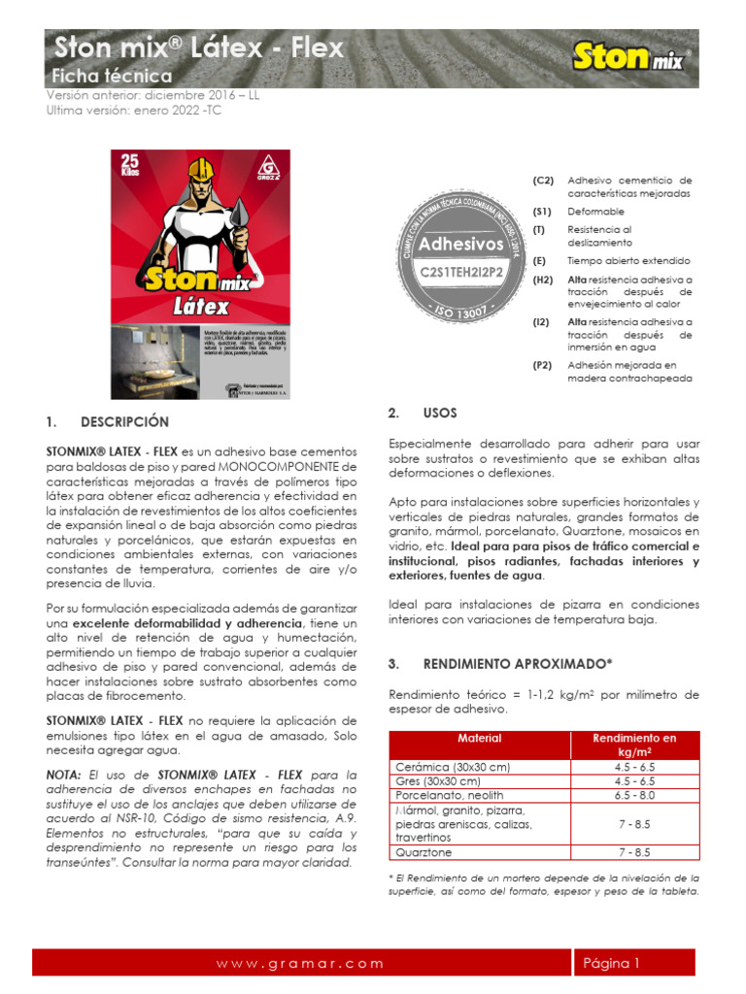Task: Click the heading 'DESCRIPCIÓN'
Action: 124,422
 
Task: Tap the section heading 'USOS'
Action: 439,414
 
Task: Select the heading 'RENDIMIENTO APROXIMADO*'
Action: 518,664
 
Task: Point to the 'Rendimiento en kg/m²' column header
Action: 634,745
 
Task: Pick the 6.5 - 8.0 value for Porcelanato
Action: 634,795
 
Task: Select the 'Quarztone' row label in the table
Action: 424,852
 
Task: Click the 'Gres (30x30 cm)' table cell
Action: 438,781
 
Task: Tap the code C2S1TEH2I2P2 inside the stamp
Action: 461,274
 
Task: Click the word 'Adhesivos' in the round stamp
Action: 461,245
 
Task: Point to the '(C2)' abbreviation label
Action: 542,181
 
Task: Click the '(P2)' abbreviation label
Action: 542,365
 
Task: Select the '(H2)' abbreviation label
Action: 542,280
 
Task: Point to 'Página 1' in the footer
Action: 611,963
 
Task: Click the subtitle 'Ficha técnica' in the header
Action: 112,76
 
